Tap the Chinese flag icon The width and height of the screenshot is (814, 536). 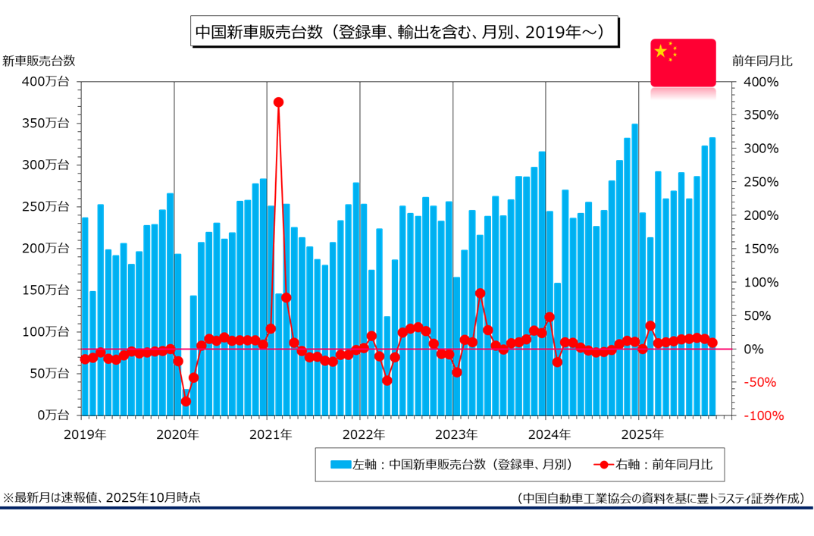coord(683,61)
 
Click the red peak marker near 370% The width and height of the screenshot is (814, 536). coord(278,102)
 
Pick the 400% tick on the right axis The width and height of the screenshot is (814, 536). coord(760,81)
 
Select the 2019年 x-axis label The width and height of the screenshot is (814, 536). coord(84,434)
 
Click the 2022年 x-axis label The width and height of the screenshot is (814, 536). coord(363,434)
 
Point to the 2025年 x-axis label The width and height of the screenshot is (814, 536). coord(642,434)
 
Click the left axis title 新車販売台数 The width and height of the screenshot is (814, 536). coord(39,61)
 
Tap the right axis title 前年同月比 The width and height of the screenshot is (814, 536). coord(762,61)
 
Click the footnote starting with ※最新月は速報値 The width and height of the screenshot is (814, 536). coord(102,497)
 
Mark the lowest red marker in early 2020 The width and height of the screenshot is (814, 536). coord(186,401)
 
